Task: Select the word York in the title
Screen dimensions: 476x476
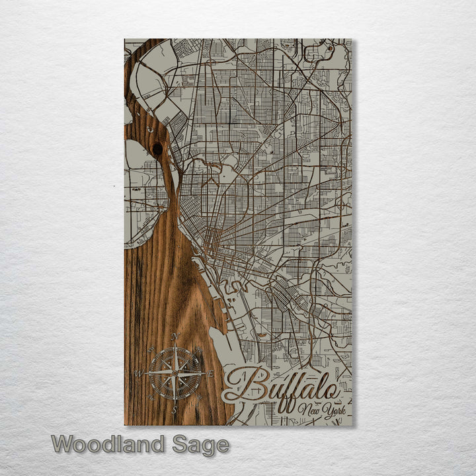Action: pyautogui.click(x=331, y=411)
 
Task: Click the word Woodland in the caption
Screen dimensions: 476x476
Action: pyautogui.click(x=108, y=444)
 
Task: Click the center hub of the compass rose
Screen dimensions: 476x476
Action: pyautogui.click(x=175, y=374)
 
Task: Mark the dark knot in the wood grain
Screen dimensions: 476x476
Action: pyautogui.click(x=157, y=149)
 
